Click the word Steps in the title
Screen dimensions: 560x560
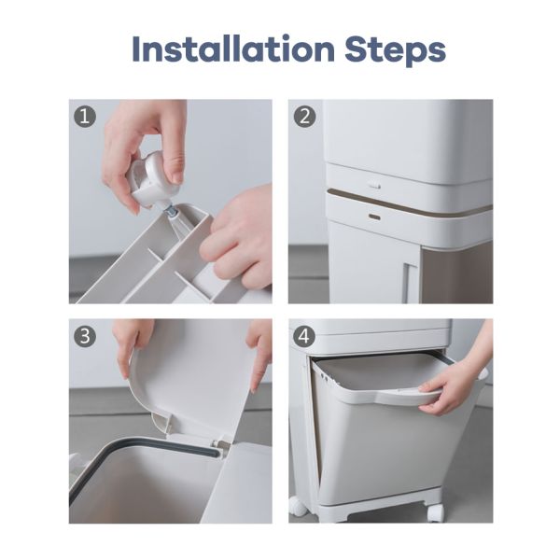[x=390, y=49]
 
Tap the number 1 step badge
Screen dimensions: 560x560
[x=86, y=117]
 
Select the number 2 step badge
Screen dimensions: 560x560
[x=305, y=117]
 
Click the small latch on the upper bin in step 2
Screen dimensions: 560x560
[x=374, y=185]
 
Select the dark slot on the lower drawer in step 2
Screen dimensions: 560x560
[x=374, y=217]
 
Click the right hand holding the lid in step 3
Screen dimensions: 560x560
[x=259, y=350]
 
